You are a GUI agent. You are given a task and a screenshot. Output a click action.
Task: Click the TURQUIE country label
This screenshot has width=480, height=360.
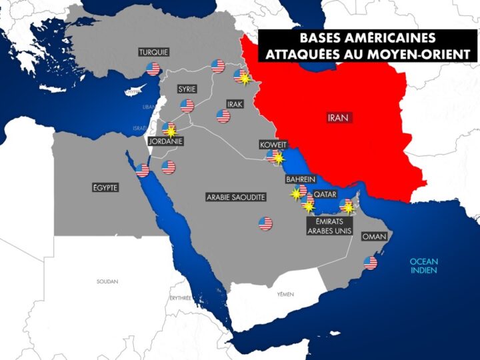tap(153, 52)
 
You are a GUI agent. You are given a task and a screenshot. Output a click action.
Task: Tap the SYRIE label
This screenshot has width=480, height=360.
tap(187, 88)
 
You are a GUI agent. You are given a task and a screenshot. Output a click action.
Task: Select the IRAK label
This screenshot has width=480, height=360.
tap(235, 105)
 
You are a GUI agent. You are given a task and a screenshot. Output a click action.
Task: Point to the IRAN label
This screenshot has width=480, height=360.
tap(339, 117)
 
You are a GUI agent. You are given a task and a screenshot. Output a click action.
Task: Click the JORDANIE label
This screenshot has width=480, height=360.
tap(167, 141)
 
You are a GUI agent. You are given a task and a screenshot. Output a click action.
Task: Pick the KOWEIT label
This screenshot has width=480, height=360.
tap(273, 145)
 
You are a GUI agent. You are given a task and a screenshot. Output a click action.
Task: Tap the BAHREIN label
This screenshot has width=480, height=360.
tap(300, 179)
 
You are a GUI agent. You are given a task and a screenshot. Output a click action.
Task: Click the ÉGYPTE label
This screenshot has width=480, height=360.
tap(105, 188)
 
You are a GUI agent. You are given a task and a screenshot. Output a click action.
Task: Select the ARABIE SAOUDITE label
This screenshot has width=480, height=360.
tap(237, 197)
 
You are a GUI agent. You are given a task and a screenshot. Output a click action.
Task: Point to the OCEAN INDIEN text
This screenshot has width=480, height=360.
tap(423, 266)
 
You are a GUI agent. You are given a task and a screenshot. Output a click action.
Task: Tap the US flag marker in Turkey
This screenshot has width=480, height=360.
tap(153, 69)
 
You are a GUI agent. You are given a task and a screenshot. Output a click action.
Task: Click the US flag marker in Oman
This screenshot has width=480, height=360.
tap(370, 263)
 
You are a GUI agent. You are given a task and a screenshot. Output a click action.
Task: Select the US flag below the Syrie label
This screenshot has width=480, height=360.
tap(187, 105)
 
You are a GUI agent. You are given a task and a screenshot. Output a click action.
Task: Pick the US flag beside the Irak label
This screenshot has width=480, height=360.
tap(223, 116)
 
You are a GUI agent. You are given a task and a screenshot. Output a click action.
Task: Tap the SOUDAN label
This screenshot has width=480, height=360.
tap(107, 281)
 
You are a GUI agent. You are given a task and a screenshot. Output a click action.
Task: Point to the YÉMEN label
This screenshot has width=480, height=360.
tap(285, 293)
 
